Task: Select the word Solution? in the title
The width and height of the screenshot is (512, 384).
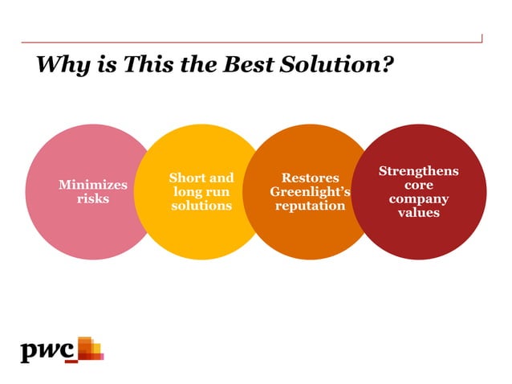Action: (x=343, y=63)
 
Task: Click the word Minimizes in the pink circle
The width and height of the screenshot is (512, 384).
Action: (x=93, y=185)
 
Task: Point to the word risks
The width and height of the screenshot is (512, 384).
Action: (x=93, y=198)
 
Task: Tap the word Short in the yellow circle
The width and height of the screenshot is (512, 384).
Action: (x=185, y=178)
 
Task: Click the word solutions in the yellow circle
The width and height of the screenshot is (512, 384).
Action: (x=201, y=206)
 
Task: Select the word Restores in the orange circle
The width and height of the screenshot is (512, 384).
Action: (x=310, y=178)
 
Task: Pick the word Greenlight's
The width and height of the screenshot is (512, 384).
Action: (x=310, y=192)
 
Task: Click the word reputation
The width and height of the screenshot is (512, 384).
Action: (x=310, y=206)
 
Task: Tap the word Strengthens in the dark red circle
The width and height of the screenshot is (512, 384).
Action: (x=418, y=171)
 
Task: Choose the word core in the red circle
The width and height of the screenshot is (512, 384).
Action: (x=418, y=185)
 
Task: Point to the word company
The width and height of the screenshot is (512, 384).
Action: (x=418, y=198)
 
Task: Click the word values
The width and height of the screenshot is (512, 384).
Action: (x=418, y=212)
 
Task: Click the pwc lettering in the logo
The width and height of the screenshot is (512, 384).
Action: (x=47, y=351)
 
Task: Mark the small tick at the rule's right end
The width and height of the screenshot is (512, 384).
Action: (x=482, y=38)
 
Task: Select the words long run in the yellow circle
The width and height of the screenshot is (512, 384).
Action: (x=201, y=192)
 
